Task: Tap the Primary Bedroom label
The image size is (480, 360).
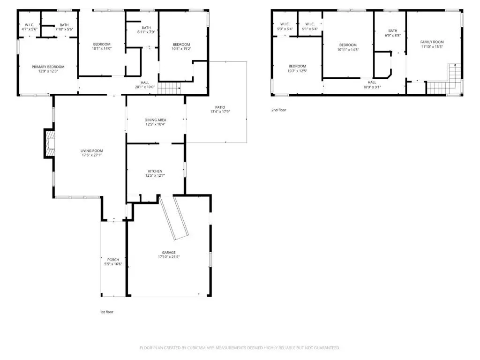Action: (48, 67)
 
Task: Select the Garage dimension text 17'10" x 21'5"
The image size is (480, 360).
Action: (169, 257)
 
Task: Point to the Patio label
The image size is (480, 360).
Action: (220, 107)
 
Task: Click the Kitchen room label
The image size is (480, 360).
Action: (155, 171)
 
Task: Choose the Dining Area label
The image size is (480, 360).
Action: (155, 120)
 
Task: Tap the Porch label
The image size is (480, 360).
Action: (113, 260)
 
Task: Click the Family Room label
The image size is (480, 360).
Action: (432, 42)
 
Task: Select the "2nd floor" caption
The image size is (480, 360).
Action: (278, 110)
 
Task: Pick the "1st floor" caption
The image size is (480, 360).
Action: (106, 312)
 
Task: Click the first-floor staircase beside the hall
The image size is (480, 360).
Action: (169, 88)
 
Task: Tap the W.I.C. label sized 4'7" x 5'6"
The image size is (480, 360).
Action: (30, 25)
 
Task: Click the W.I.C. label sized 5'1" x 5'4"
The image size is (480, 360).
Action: (310, 24)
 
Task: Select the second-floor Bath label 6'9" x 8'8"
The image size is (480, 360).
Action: (393, 30)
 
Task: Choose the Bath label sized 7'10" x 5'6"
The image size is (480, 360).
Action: (64, 25)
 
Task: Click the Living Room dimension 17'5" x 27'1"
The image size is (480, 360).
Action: (91, 155)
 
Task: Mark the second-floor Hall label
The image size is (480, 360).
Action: (372, 82)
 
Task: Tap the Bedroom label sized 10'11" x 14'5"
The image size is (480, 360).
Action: (348, 45)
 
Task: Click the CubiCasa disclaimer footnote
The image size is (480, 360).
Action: (240, 348)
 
